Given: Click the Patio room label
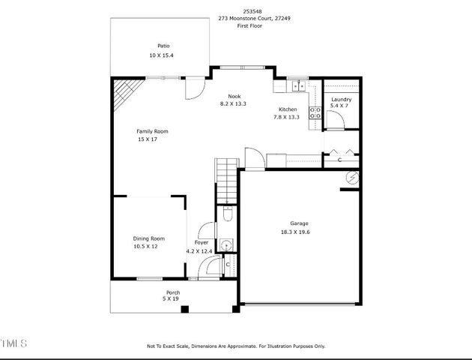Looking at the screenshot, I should click(163, 46).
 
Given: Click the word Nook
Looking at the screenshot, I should click(235, 96).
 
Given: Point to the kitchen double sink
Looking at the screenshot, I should click(297, 84).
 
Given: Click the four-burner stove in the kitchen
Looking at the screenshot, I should click(315, 113).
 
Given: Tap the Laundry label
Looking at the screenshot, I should click(341, 99).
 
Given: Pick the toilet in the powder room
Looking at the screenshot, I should click(228, 216).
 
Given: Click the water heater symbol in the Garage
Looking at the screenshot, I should click(351, 178).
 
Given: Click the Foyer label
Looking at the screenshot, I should click(202, 243).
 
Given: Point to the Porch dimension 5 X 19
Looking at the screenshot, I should click(172, 298).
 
